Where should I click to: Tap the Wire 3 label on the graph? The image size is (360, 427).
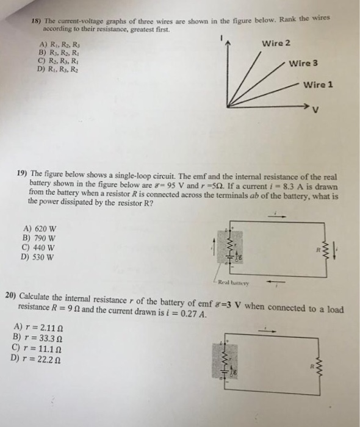coord(303,63)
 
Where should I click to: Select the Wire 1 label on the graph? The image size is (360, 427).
coord(317,85)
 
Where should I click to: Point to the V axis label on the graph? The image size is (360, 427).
coord(315,110)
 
